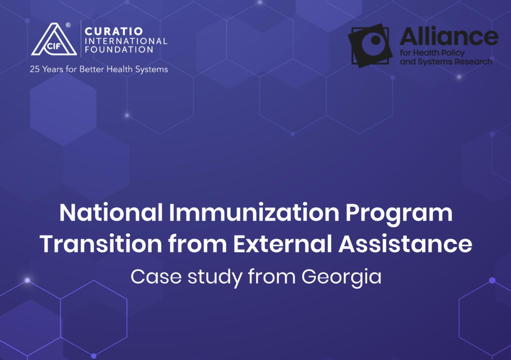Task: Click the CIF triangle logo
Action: [x=54, y=39]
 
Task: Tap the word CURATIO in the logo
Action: [x=114, y=31]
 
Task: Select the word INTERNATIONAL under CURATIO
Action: [x=126, y=41]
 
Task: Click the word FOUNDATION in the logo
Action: [x=119, y=49]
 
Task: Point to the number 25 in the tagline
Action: [x=34, y=69]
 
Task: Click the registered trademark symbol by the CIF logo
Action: [x=68, y=25]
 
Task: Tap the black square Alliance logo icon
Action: [x=370, y=46]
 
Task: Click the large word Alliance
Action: [x=449, y=36]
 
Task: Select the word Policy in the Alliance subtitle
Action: [x=453, y=53]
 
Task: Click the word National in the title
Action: [x=111, y=213]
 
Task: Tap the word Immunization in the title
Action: [x=254, y=213]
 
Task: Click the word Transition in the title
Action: [x=101, y=244]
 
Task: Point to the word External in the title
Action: [x=283, y=244]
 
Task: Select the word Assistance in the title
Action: [x=405, y=244]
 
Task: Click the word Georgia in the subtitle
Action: [x=341, y=277]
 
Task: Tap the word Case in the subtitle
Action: [x=156, y=277]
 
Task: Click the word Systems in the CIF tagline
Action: [x=152, y=69]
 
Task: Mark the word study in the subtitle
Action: [x=215, y=277]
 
